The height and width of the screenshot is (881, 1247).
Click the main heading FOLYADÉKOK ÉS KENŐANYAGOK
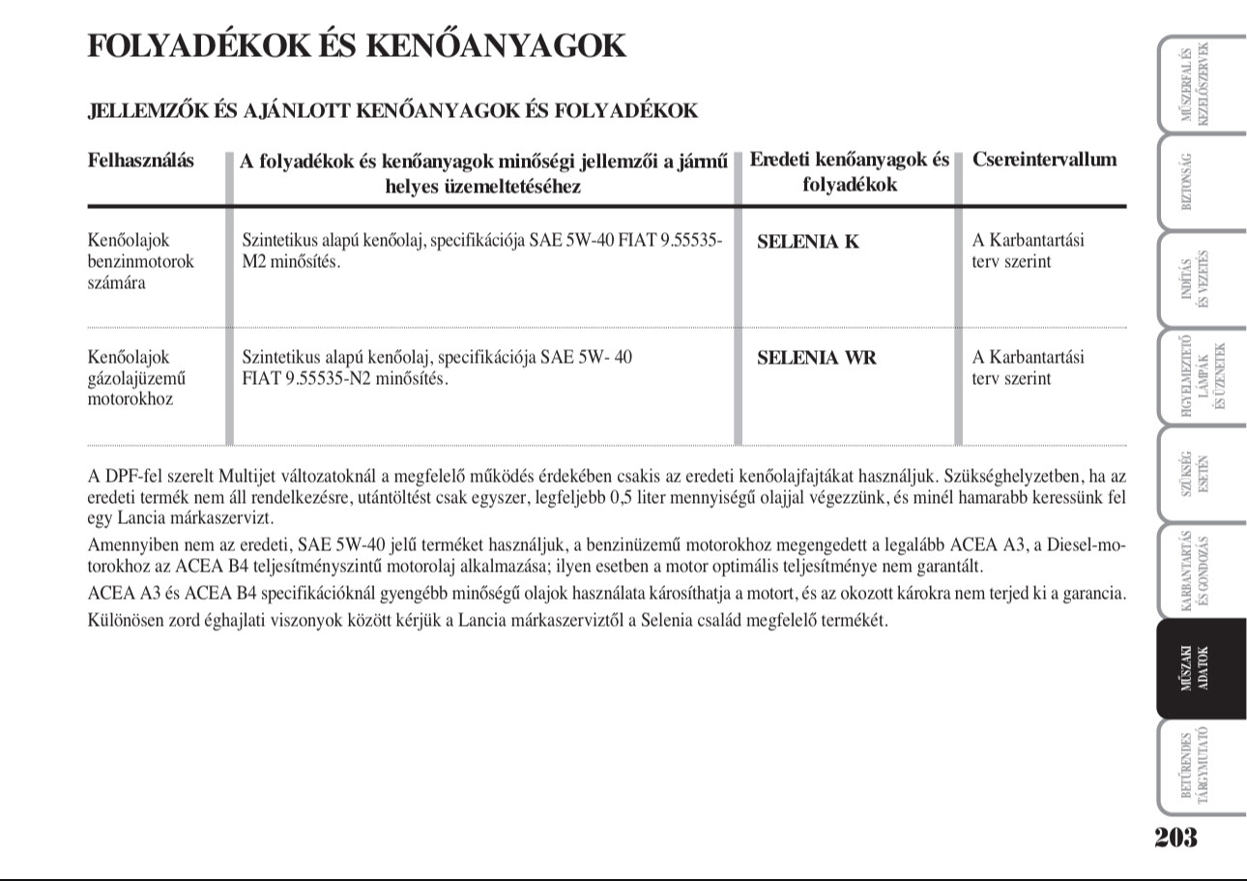coord(357,45)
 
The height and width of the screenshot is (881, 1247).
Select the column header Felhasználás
coord(140,161)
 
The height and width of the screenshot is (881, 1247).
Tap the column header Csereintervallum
coord(1044,161)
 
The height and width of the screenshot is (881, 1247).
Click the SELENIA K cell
coord(807,242)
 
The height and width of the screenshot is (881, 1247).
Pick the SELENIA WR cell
coord(816,358)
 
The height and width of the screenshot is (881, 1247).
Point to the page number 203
coord(1175,837)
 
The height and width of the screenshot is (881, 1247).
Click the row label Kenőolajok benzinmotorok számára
coord(141,262)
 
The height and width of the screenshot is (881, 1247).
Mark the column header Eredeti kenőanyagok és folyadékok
coord(849,172)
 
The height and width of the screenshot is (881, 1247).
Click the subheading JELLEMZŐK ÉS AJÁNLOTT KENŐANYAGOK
coord(392,111)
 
